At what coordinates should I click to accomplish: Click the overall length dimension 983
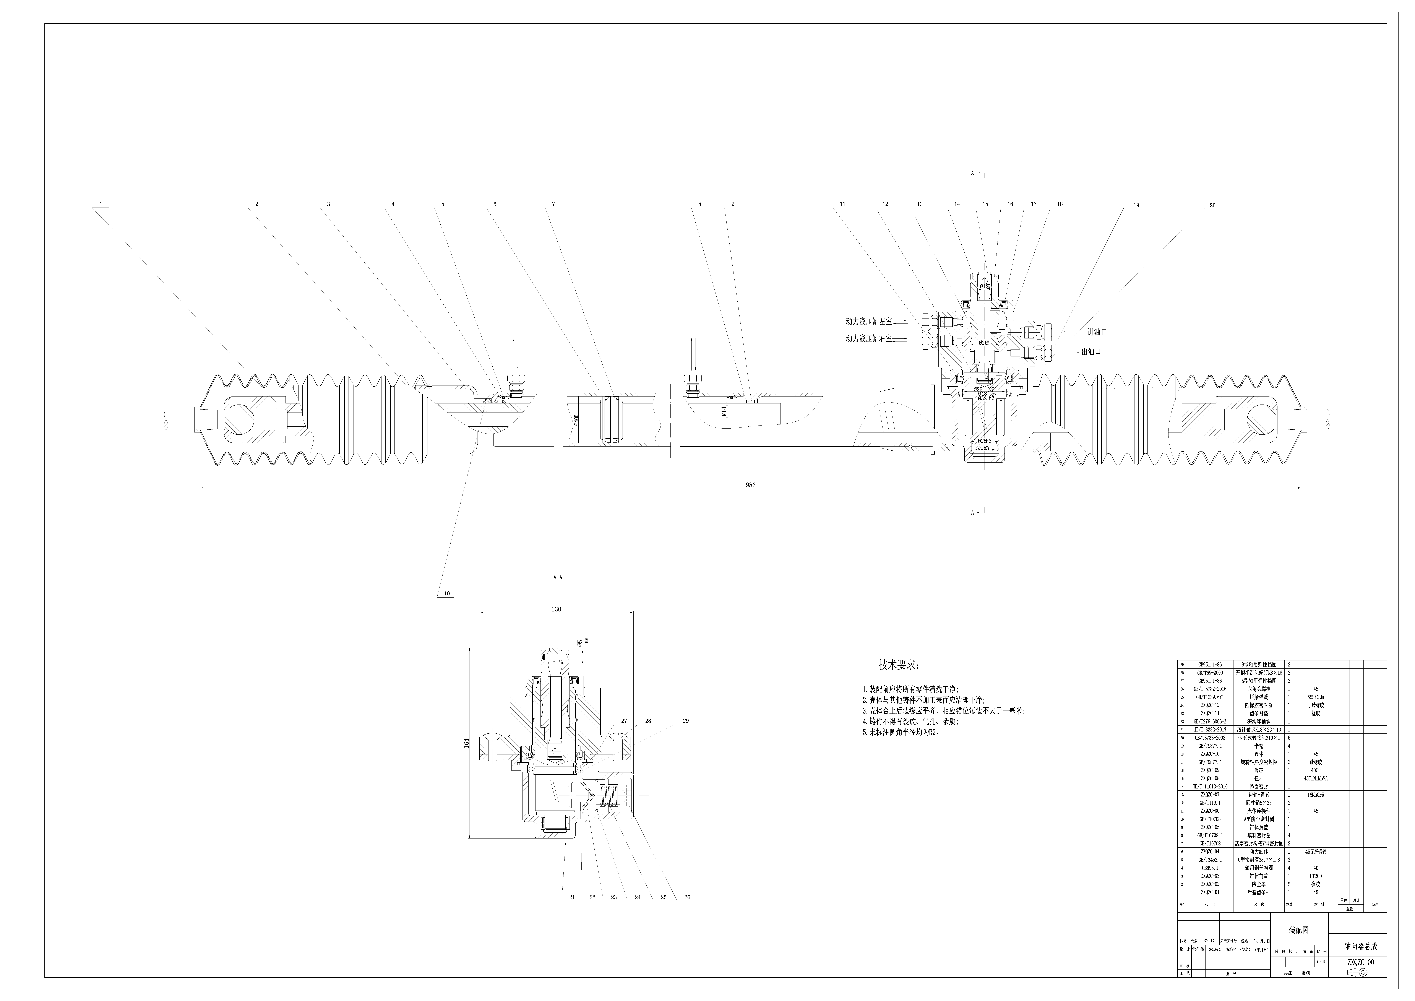[750, 485]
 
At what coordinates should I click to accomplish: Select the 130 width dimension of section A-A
[557, 609]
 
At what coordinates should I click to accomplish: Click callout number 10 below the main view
[447, 594]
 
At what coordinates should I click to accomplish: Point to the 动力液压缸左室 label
[869, 321]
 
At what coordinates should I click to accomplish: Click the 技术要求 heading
[899, 666]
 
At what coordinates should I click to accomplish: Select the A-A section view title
[558, 578]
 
